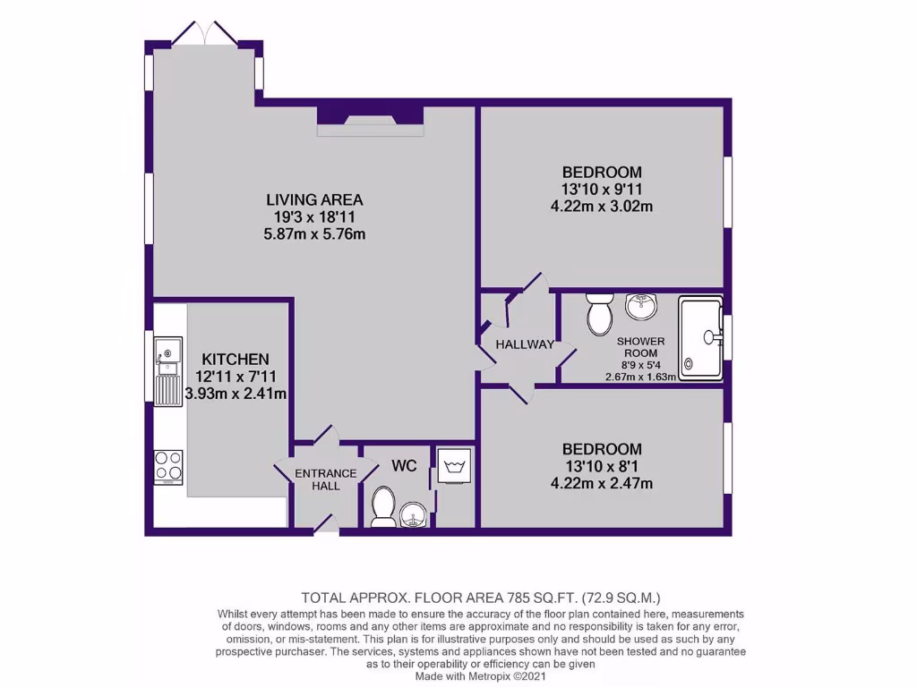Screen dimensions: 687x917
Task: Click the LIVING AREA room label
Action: [313, 199]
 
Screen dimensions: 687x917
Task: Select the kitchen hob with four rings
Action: [168, 465]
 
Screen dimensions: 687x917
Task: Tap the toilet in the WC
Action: [382, 505]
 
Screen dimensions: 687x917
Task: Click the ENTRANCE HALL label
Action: [327, 479]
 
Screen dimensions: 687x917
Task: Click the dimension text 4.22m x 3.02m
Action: [602, 207]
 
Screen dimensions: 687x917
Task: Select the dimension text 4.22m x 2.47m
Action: [602, 484]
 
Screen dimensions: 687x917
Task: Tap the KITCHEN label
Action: [236, 359]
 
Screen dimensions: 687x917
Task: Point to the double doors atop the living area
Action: [206, 34]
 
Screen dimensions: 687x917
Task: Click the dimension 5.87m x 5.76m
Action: [313, 234]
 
